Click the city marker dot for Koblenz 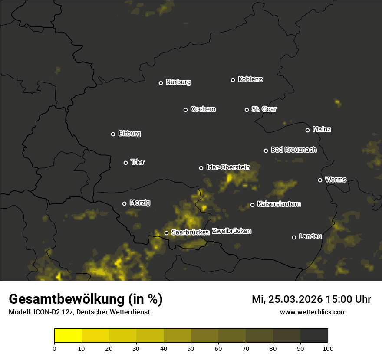click(233, 80)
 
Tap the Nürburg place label click(178, 82)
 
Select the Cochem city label click(203, 109)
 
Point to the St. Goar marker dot click(247, 110)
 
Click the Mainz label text click(322, 129)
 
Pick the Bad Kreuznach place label click(293, 150)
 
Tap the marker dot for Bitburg click(113, 134)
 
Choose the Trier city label click(138, 162)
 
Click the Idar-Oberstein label click(228, 167)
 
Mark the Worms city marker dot click(320, 180)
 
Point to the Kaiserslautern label click(279, 204)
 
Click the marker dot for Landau click(294, 237)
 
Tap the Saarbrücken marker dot click(166, 233)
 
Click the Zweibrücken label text click(231, 231)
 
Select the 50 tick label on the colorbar click(191, 348)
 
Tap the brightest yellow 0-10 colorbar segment click(68, 336)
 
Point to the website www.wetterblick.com click(313, 312)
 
